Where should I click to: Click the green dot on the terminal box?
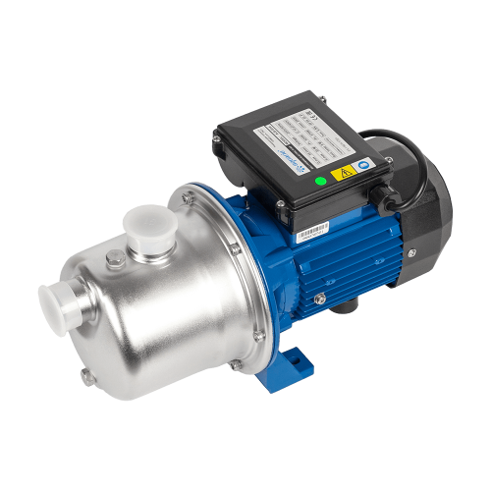(319, 180)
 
